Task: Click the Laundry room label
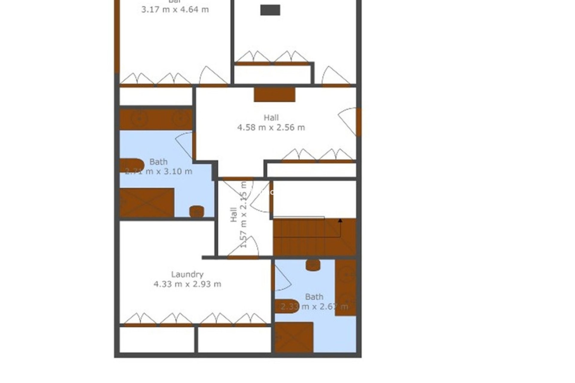point(187,274)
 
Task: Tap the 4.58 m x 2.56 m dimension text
point(271,127)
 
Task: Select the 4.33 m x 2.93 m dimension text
point(187,284)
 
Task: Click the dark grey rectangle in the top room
point(270,10)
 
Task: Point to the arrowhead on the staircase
point(340,221)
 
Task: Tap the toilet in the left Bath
point(197,211)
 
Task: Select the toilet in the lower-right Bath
point(313,265)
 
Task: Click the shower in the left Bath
point(147,202)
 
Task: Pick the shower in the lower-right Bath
point(294,337)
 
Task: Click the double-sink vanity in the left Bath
point(156,119)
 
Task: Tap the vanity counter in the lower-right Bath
point(346,287)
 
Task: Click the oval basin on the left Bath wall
point(132,165)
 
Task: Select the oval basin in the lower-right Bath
point(287,306)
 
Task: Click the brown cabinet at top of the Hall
point(274,94)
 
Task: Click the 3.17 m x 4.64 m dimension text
point(175,10)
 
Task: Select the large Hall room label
point(271,118)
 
